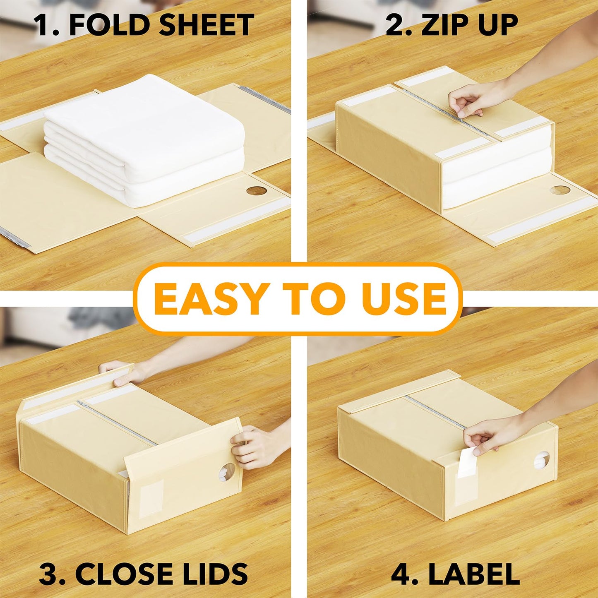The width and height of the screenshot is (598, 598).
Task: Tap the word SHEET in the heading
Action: [206, 25]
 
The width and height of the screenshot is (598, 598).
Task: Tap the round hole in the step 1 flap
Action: [256, 191]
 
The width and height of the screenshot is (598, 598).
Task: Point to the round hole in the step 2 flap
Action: [560, 190]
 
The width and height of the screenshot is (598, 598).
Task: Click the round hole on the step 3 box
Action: [227, 471]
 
